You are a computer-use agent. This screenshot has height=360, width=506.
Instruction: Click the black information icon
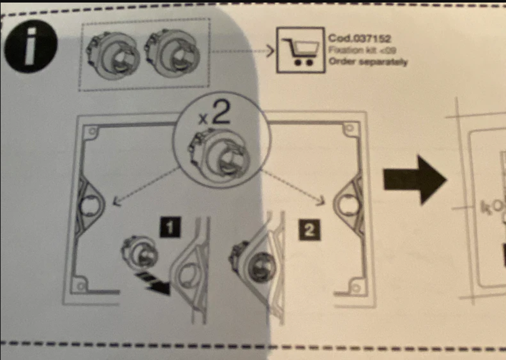31,47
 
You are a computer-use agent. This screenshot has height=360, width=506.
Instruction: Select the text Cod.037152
360,39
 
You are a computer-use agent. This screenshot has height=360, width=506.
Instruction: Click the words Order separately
368,61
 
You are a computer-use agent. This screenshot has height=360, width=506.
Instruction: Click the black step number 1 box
170,227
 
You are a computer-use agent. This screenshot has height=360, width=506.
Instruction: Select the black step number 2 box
309,230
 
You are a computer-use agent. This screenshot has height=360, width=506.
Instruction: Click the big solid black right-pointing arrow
415,180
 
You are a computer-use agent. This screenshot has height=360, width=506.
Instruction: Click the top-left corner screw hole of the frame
93,131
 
